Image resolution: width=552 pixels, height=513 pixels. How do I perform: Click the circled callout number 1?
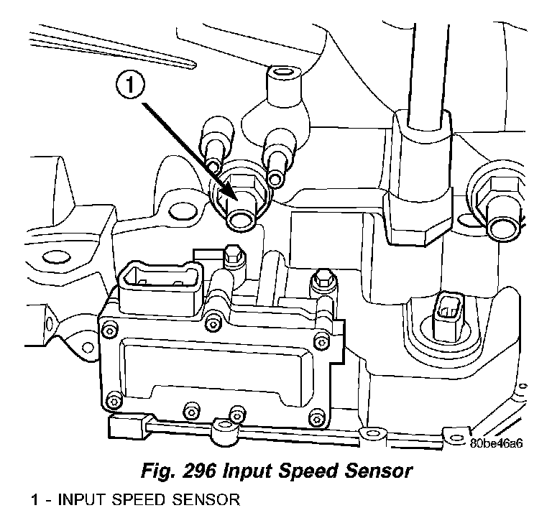tap(129, 87)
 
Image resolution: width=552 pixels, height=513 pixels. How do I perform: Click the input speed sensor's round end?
tap(241, 218)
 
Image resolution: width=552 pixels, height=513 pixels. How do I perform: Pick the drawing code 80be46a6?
tap(496, 443)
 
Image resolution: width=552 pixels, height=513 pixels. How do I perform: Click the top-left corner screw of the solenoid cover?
tap(109, 330)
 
